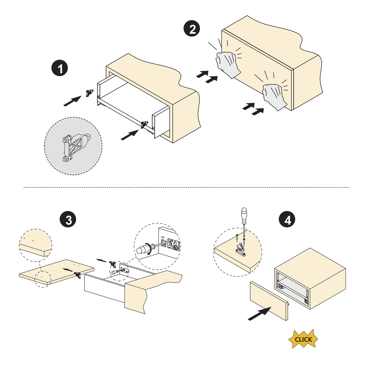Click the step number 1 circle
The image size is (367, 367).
pyautogui.click(x=61, y=68)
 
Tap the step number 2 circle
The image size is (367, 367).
pyautogui.click(x=192, y=29)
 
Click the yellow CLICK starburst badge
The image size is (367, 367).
pyautogui.click(x=303, y=339)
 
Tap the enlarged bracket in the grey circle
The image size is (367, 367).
pyautogui.click(x=76, y=147)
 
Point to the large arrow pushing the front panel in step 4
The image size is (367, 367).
pyautogui.click(x=259, y=314)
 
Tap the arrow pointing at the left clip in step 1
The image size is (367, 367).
pyautogui.click(x=72, y=101)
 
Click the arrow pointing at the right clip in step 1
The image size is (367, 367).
pyautogui.click(x=129, y=135)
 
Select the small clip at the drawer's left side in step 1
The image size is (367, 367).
pyautogui.click(x=89, y=92)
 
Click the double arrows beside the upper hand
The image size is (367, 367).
pyautogui.click(x=207, y=76)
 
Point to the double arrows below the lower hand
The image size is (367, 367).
pyautogui.click(x=253, y=109)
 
